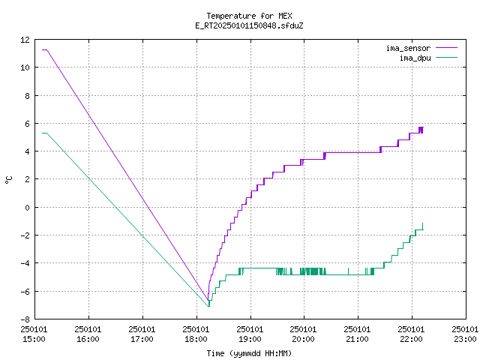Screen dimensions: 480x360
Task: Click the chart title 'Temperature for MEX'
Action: pos(249,16)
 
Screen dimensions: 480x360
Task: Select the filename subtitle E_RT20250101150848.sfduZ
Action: pos(249,25)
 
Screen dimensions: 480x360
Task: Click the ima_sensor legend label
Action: pos(408,48)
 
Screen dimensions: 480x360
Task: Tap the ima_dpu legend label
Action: pos(415,58)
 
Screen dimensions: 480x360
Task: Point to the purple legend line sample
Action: pos(446,48)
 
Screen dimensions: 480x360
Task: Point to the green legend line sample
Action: pos(446,57)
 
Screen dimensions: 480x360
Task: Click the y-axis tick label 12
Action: pos(25,40)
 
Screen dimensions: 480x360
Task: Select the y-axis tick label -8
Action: pos(25,319)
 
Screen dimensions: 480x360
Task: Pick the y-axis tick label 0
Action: pos(28,208)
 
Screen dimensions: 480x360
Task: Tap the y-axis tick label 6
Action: pos(28,124)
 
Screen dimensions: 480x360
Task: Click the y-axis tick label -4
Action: pos(25,263)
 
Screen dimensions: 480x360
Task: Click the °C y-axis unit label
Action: pos(9,180)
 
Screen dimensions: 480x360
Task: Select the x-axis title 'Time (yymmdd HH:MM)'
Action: pos(249,353)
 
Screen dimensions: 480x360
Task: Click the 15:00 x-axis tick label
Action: pos(34,339)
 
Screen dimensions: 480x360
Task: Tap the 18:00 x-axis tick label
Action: pos(196,339)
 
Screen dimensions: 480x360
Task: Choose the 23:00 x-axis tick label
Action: pos(465,339)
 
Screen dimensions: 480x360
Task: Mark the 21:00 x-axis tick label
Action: pos(357,339)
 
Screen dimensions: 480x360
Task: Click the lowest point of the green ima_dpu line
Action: pos(208,306)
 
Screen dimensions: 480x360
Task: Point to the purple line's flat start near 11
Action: pos(45,49)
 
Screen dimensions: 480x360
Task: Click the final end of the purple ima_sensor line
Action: pos(423,127)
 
